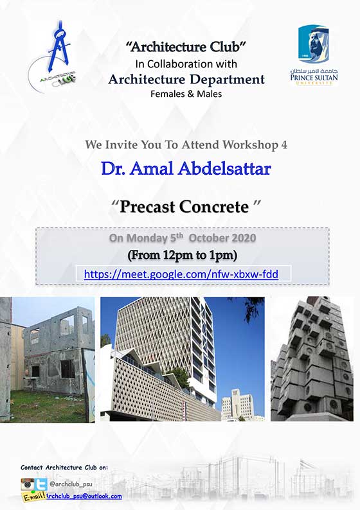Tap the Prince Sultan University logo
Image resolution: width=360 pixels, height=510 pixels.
pyautogui.click(x=314, y=56)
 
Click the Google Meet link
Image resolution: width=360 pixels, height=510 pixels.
pyautogui.click(x=181, y=274)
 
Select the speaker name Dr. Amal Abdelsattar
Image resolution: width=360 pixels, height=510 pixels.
pyautogui.click(x=186, y=169)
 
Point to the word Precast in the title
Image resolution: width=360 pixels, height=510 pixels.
pyautogui.click(x=147, y=207)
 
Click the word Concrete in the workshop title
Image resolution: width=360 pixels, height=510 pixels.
pyautogui.click(x=214, y=207)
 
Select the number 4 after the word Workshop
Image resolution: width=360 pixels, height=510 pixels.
pyautogui.click(x=284, y=145)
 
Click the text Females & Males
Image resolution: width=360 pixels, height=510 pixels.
pyautogui.click(x=186, y=94)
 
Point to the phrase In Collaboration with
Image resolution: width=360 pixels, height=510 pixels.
pyautogui.click(x=186, y=64)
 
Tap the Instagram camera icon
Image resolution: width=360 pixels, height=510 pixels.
pyautogui.click(x=28, y=484)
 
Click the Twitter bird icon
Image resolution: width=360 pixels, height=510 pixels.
pyautogui.click(x=40, y=484)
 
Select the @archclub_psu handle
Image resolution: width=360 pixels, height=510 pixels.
pyautogui.click(x=71, y=484)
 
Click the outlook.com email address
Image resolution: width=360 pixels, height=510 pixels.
pyautogui.click(x=84, y=497)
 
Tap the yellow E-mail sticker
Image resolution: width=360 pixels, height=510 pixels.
pyautogui.click(x=33, y=496)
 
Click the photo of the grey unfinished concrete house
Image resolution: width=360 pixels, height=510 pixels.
pyautogui.click(x=48, y=360)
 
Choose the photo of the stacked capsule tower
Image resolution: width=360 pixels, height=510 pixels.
pyautogui.click(x=312, y=359)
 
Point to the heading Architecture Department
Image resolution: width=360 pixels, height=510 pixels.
pyautogui.click(x=186, y=80)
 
